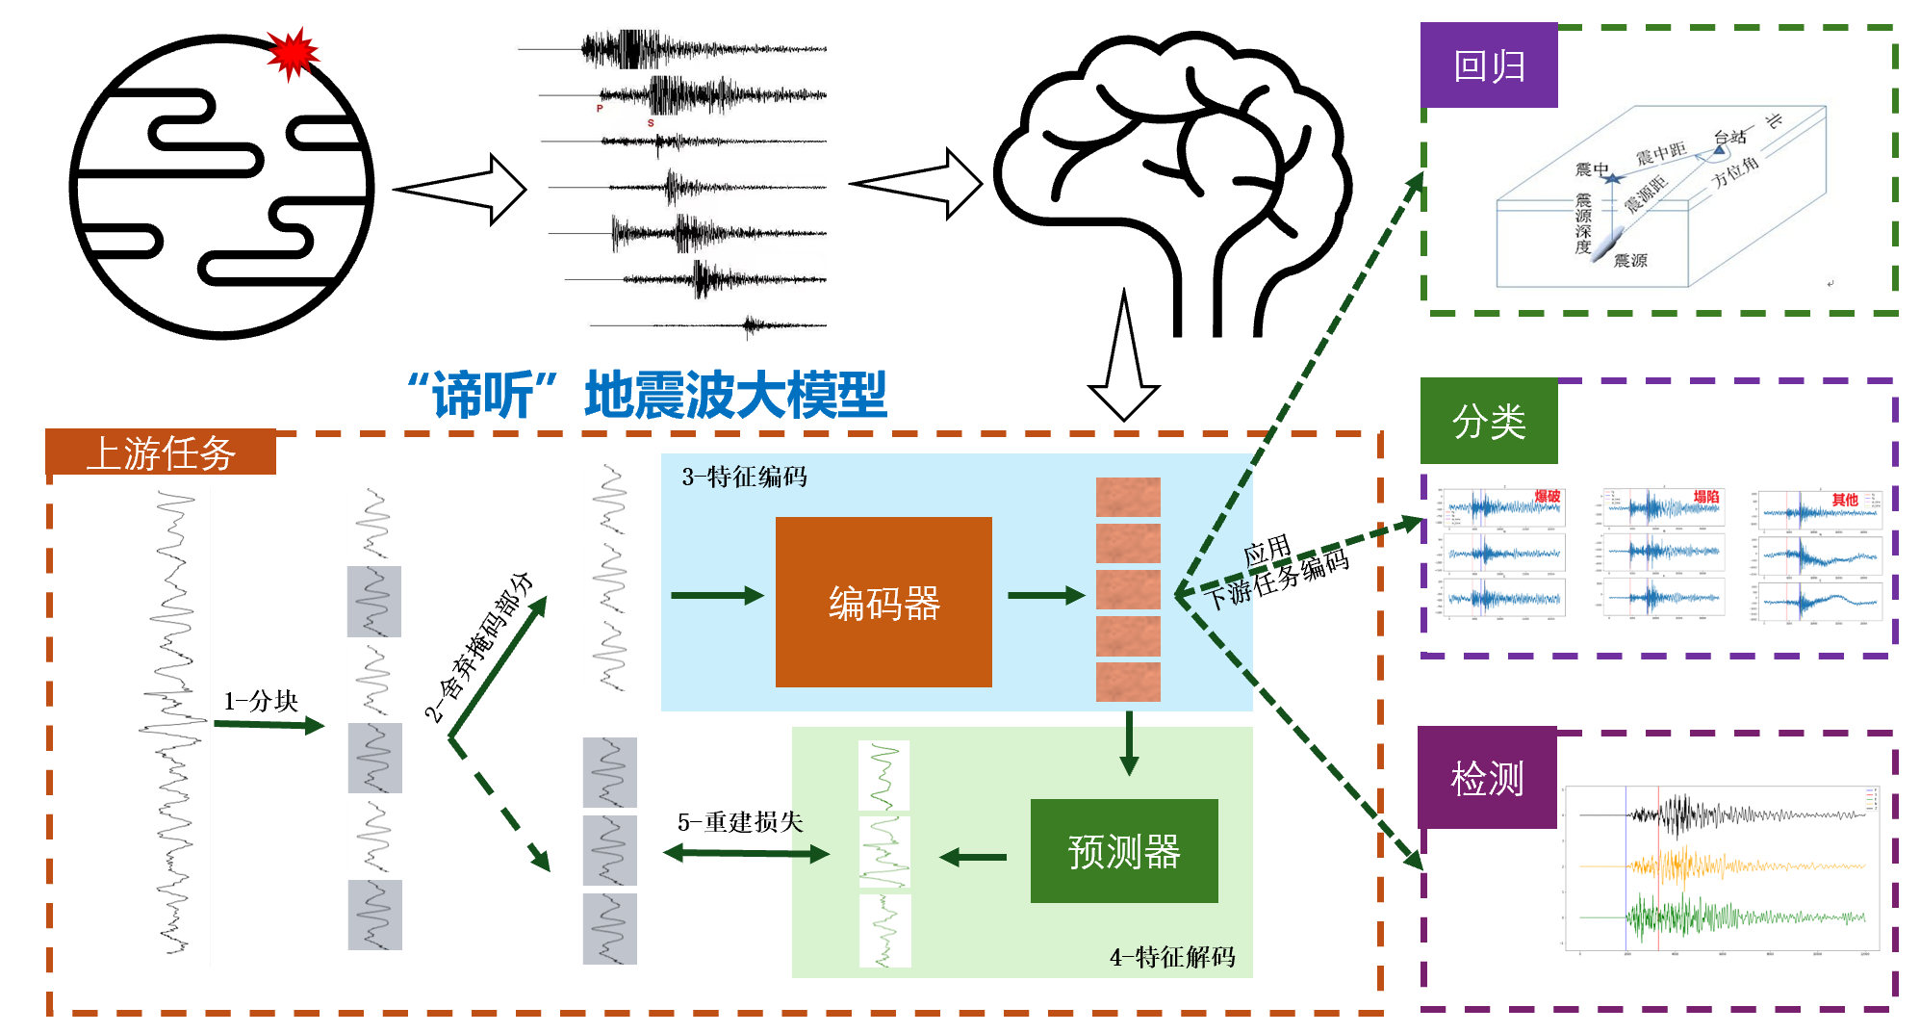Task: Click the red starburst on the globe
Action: pos(292,53)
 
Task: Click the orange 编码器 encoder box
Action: pos(883,602)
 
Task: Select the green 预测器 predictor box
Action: pos(1123,851)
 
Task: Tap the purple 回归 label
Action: pos(1488,65)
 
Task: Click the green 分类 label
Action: pos(1488,421)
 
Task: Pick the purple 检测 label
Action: pos(1487,778)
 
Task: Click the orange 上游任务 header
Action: pos(161,452)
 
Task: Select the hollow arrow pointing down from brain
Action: pos(1124,361)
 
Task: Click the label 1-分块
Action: pos(260,701)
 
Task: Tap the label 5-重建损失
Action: pos(739,822)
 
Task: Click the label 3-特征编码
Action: pos(744,477)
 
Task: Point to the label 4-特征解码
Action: pos(1172,957)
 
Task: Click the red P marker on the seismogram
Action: pos(600,109)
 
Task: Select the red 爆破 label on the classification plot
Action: pos(1547,497)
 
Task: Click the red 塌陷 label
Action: pos(1705,497)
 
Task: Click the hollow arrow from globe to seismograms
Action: pos(460,190)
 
